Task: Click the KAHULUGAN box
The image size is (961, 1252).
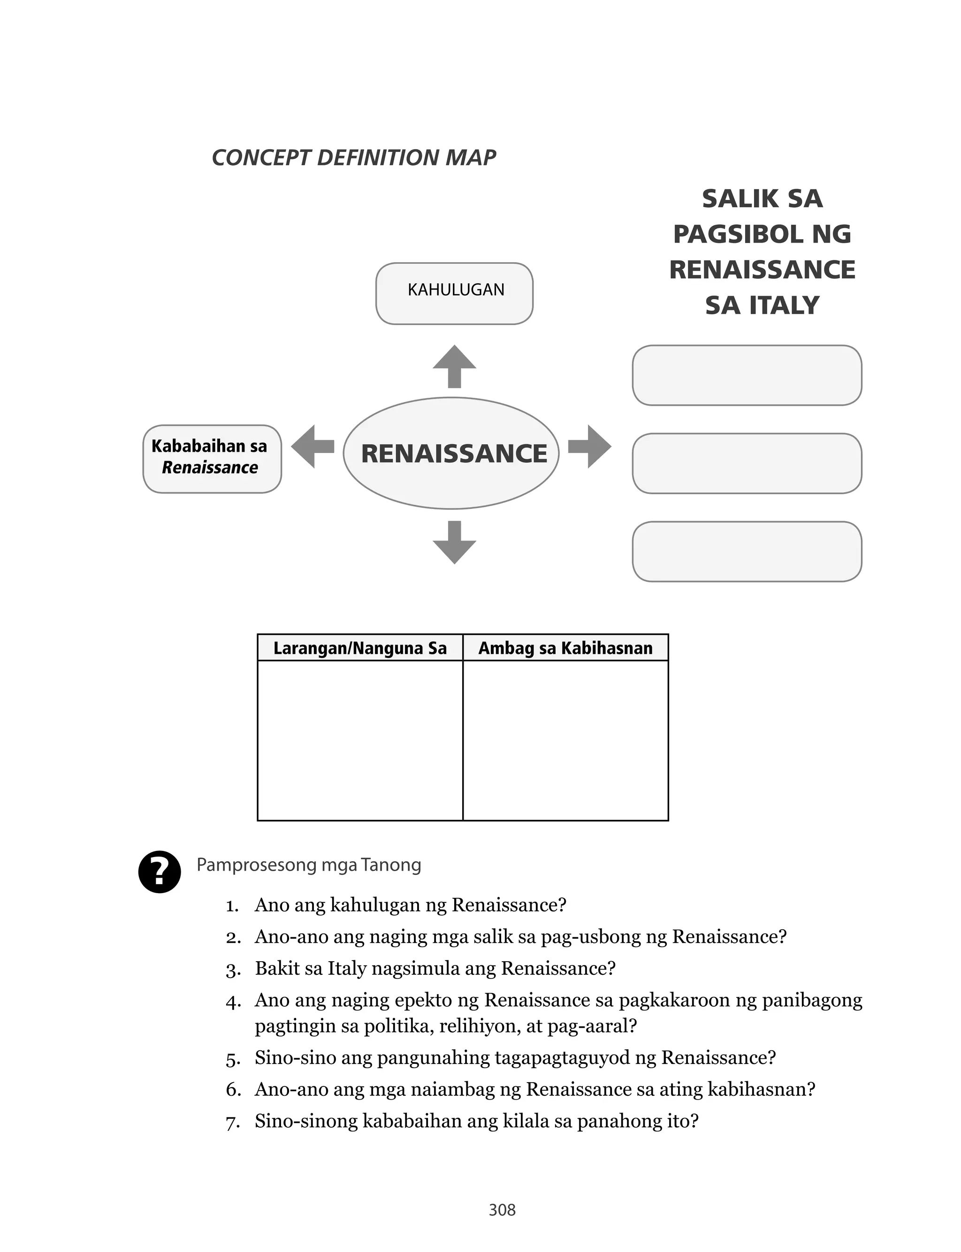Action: tap(454, 293)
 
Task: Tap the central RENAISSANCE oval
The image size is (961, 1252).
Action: tap(451, 453)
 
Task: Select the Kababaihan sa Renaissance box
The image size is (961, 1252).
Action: tap(212, 458)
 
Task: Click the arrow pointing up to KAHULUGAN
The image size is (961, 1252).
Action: tap(454, 366)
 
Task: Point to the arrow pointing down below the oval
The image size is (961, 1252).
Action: tap(454, 542)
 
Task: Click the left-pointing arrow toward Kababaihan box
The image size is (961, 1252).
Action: tap(313, 447)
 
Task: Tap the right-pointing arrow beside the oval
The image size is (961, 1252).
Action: tap(590, 447)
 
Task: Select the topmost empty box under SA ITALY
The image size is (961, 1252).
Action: tap(747, 375)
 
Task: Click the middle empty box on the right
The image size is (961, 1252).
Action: tap(747, 463)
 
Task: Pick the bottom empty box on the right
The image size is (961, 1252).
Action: tap(747, 551)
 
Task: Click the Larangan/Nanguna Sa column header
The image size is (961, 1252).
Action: tap(360, 648)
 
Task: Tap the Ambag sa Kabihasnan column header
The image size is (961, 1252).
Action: tap(565, 648)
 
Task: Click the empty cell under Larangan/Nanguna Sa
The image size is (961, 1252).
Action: tap(360, 740)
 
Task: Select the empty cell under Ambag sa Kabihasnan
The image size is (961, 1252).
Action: tap(565, 740)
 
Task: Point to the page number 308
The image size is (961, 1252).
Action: tap(502, 1210)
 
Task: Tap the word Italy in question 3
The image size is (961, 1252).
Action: tap(347, 969)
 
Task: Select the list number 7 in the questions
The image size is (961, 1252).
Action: tap(232, 1122)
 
